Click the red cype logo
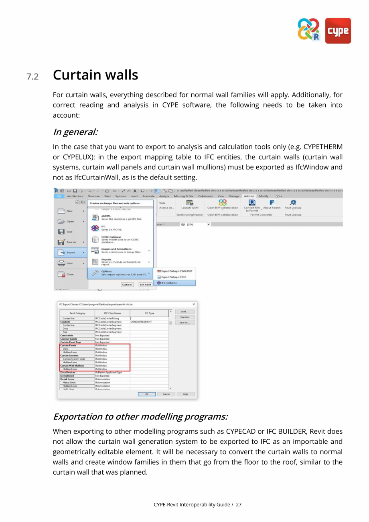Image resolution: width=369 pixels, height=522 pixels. pyautogui.click(x=338, y=31)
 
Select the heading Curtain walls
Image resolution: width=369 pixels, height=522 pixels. pyautogui.click(x=95, y=75)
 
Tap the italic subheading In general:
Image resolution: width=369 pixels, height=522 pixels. pyautogui.click(x=75, y=132)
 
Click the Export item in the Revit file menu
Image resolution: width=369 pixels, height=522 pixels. pyautogui.click(x=71, y=253)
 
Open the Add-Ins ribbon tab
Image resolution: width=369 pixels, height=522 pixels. pyautogui.click(x=249, y=196)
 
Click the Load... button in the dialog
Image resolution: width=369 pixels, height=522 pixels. pyautogui.click(x=184, y=312)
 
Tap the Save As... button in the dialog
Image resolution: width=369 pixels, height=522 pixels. pyautogui.click(x=184, y=322)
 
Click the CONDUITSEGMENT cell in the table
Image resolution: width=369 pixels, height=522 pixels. pyautogui.click(x=141, y=322)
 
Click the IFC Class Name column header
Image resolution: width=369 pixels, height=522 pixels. pyautogui.click(x=112, y=313)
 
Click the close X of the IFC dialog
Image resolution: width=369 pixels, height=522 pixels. pyautogui.click(x=194, y=304)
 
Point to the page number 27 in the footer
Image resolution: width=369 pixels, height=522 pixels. pyautogui.click(x=239, y=504)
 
